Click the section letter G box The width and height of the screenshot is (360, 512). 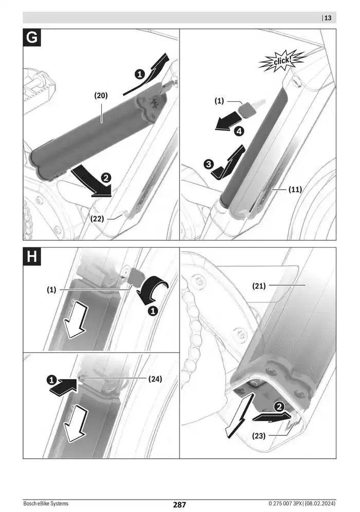(32, 39)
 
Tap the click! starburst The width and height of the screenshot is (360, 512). (281, 62)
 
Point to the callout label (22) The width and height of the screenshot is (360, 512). (98, 218)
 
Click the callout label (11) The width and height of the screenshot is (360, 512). (295, 189)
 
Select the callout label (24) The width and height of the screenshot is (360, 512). (155, 379)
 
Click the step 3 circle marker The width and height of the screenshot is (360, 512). (208, 164)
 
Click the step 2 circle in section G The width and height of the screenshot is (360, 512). (106, 178)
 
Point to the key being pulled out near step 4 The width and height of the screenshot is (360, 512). (248, 109)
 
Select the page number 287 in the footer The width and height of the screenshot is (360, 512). (179, 504)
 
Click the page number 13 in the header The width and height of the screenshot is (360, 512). (328, 18)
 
